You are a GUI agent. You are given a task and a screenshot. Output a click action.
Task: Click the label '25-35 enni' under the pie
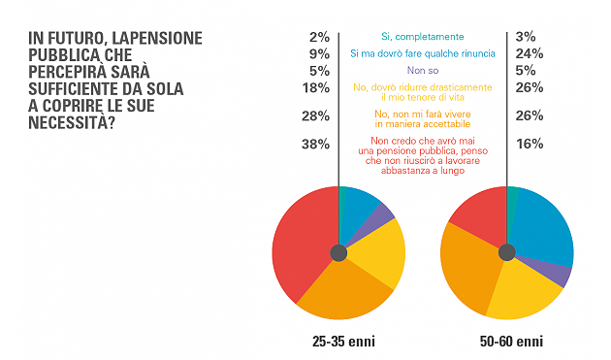coord(338,342)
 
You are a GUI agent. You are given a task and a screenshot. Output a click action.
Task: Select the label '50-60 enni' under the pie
coord(506,342)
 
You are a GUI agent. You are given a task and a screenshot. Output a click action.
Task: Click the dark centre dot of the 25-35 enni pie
coord(338,252)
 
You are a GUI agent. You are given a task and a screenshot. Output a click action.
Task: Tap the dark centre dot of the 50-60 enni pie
coord(506,252)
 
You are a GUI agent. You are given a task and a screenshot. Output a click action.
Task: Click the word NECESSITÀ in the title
coord(72,122)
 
